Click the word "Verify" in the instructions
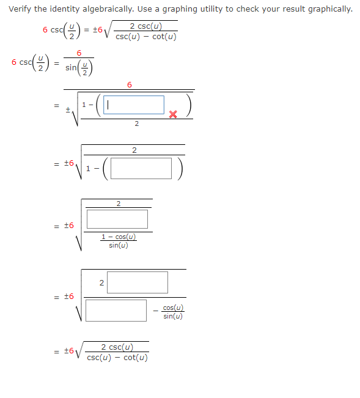click(21, 9)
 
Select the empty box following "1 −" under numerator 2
click(141, 168)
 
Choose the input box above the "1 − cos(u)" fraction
click(117, 219)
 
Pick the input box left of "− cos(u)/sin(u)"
click(116, 310)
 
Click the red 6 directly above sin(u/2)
click(79, 53)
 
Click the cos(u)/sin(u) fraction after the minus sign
click(173, 312)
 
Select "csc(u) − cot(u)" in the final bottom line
click(117, 358)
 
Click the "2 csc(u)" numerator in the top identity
click(145, 26)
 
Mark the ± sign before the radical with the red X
click(69, 108)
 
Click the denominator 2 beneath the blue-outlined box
click(136, 124)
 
